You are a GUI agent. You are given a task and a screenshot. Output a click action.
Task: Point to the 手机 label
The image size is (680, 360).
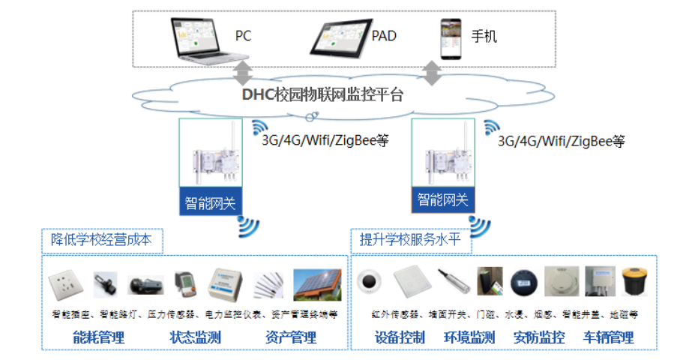[484, 36]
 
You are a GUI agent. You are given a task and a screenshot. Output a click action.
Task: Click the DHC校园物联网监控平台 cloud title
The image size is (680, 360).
[322, 95]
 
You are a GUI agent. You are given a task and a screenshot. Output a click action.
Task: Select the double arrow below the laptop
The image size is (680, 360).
[243, 73]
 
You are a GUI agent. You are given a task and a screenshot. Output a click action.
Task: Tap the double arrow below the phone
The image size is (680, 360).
[431, 73]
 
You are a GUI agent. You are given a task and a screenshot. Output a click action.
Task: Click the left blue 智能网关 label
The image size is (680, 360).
[210, 201]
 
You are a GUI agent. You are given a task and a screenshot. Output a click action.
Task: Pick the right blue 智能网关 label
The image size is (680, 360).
[442, 199]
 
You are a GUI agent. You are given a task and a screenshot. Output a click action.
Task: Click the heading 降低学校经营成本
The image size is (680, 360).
[101, 240]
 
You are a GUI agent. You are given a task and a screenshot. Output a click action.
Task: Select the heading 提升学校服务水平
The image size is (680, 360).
[410, 240]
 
